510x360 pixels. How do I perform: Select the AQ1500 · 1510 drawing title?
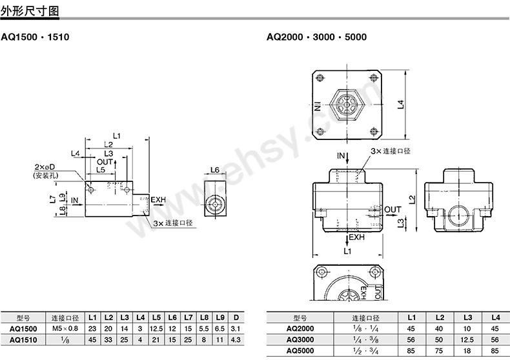(35, 37)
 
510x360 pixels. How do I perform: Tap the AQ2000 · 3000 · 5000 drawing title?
(316, 37)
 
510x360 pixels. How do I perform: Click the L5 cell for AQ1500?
(156, 329)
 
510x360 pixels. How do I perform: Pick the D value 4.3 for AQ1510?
(236, 340)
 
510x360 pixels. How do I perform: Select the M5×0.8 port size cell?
(65, 328)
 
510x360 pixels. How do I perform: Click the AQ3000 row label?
(300, 339)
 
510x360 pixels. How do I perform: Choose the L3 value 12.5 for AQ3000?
(467, 339)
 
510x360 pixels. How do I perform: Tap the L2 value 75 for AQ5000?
(439, 350)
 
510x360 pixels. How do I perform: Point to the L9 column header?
(220, 317)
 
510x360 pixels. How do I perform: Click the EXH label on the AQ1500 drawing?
(158, 199)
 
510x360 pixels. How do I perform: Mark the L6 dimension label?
(215, 170)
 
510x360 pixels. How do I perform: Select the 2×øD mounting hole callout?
(45, 167)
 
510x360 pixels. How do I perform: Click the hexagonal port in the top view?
(347, 105)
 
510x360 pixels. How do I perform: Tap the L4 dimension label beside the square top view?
(401, 105)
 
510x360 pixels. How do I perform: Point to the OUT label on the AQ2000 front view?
(393, 210)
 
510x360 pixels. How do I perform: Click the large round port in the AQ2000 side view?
(458, 217)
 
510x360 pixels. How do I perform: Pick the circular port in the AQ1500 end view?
(215, 205)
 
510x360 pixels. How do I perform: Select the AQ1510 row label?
(23, 340)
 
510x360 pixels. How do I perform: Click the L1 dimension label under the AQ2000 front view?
(347, 251)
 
